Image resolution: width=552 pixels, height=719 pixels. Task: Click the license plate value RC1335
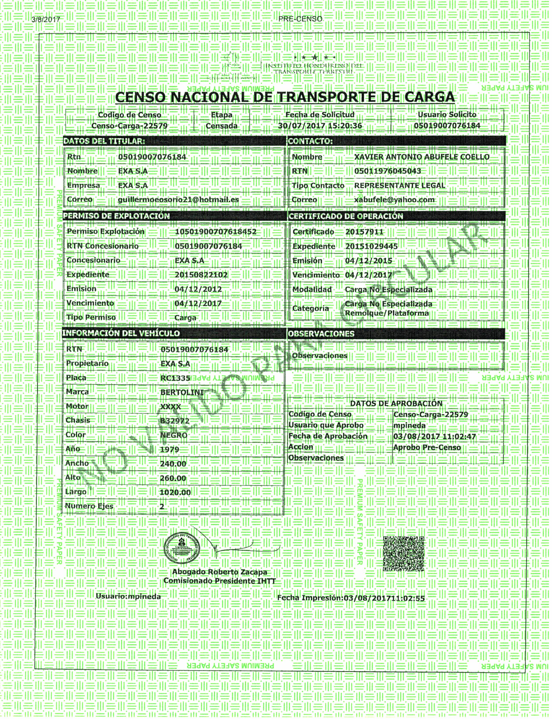[x=175, y=378]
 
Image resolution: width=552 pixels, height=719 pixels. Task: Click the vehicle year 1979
[x=170, y=449]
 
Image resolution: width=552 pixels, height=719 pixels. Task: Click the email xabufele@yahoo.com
[x=394, y=200]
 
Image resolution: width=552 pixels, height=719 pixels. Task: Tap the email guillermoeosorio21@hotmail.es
[x=178, y=200]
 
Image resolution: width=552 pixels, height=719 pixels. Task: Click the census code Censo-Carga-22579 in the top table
[x=130, y=126]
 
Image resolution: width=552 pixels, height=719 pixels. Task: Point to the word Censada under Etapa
[x=221, y=126]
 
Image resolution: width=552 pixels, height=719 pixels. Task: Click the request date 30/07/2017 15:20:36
[x=320, y=126]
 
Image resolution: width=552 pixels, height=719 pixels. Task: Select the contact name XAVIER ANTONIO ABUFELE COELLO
[x=422, y=157]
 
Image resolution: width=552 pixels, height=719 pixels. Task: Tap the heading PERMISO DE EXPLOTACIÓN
[x=116, y=216]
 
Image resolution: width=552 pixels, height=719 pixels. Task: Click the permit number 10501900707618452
[x=216, y=232]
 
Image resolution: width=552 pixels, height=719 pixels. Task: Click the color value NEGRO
[x=174, y=435]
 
